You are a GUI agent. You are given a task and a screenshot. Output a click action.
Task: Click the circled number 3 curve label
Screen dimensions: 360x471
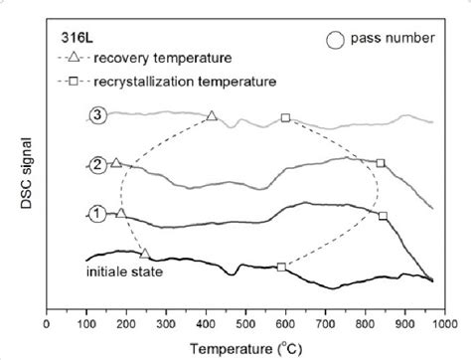click(x=95, y=116)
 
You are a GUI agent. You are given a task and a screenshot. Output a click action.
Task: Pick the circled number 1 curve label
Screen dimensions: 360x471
click(x=96, y=213)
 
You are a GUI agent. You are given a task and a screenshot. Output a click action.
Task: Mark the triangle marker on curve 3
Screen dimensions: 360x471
click(x=212, y=116)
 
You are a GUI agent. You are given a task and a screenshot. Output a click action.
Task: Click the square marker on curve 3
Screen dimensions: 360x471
click(x=285, y=118)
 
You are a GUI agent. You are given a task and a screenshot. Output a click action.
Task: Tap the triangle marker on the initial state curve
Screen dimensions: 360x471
click(x=145, y=254)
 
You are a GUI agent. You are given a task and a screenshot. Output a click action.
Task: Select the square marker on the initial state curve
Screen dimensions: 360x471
click(x=281, y=267)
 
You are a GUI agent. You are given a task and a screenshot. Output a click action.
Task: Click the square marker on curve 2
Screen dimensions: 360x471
click(x=380, y=164)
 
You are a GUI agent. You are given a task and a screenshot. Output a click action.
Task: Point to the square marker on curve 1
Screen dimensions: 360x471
click(x=384, y=216)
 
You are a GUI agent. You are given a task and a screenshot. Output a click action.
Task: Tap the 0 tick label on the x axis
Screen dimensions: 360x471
click(x=48, y=322)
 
